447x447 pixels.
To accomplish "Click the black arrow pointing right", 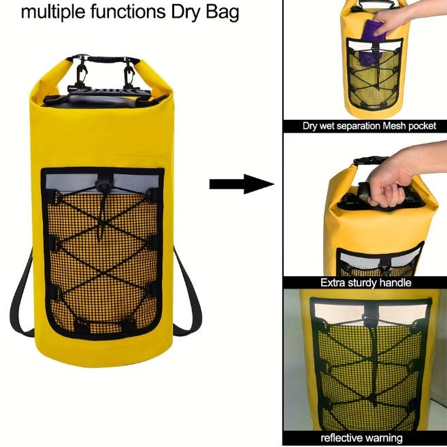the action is pyautogui.click(x=242, y=184).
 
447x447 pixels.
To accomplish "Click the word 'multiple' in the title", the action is pyautogui.click(x=53, y=12).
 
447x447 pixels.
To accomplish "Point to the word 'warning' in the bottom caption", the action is pyautogui.click(x=384, y=438).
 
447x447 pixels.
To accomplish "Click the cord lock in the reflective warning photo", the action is pyautogui.click(x=369, y=317).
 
